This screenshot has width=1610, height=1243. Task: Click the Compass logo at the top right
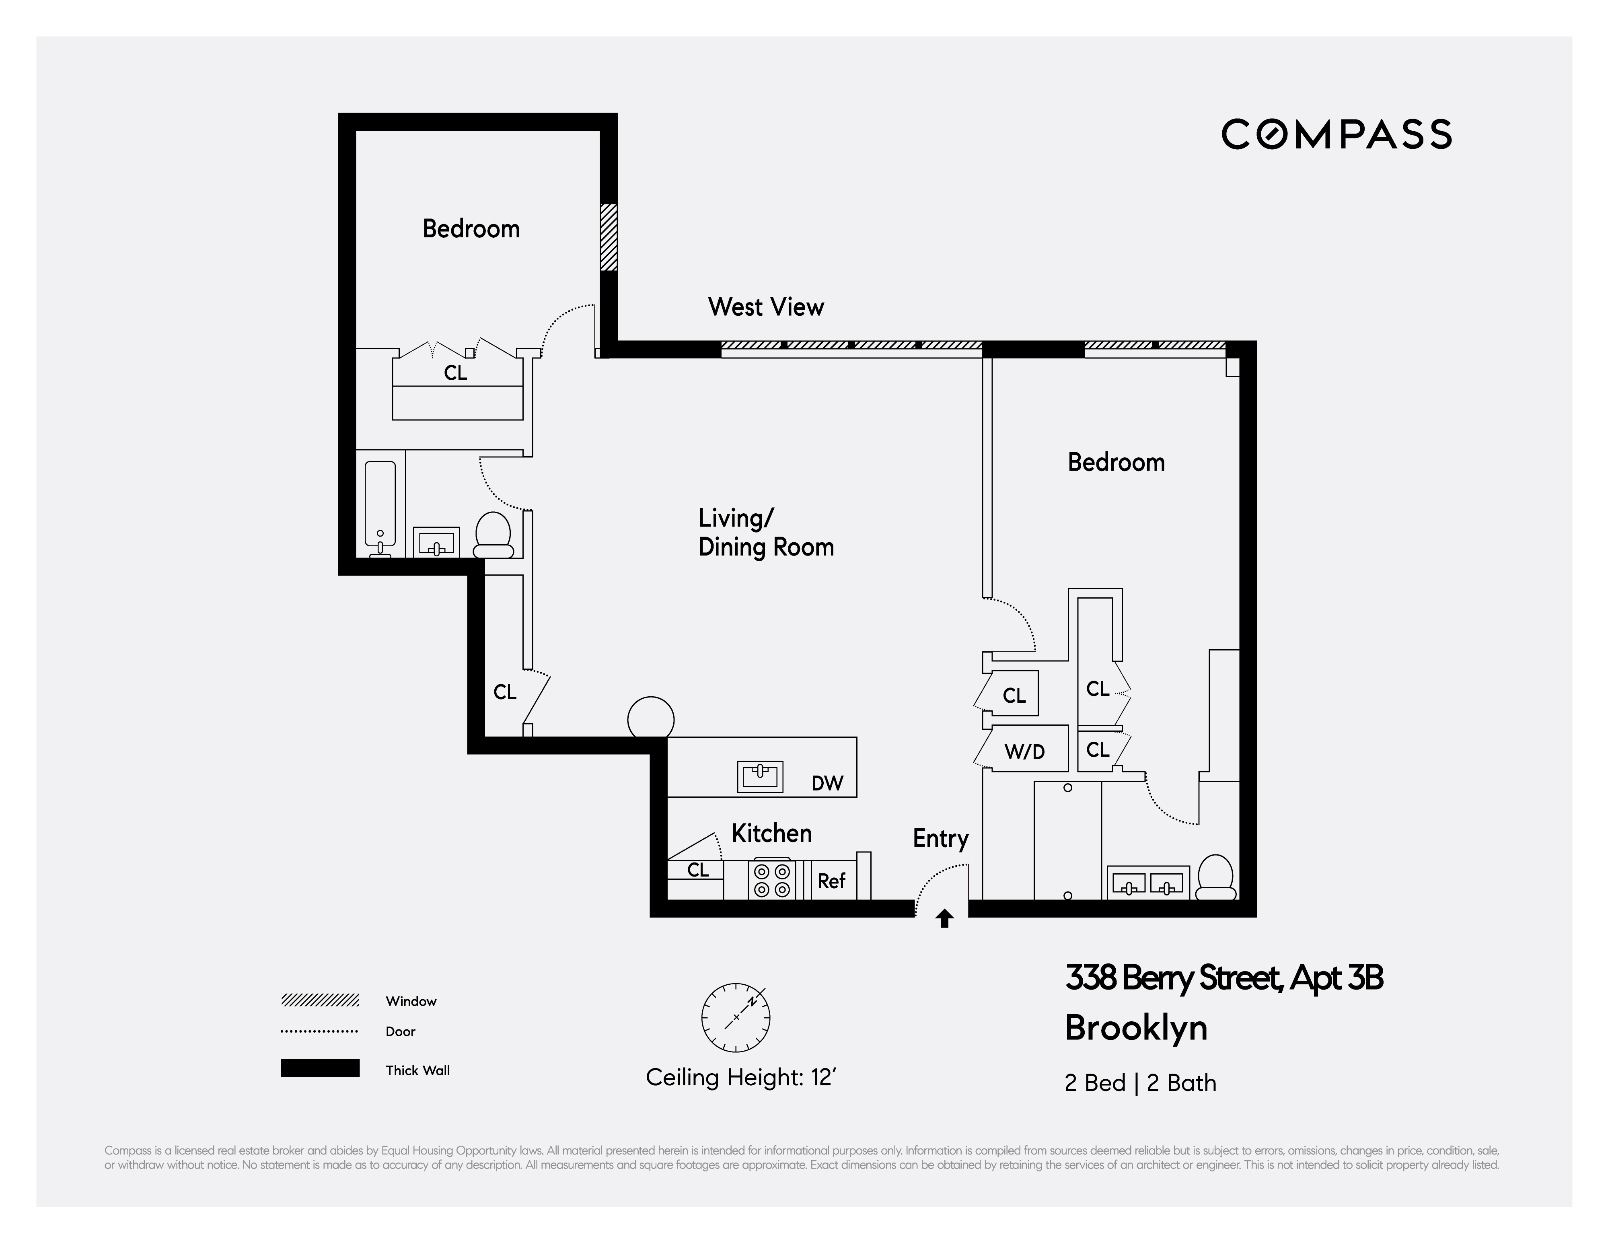1336,135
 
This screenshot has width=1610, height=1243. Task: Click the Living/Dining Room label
765,532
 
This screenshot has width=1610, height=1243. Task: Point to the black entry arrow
944,919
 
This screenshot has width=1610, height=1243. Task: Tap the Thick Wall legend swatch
320,1068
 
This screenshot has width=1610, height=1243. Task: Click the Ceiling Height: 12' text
740,1078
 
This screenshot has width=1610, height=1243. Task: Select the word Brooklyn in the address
1135,1028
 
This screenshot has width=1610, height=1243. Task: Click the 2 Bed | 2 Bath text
1140,1083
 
